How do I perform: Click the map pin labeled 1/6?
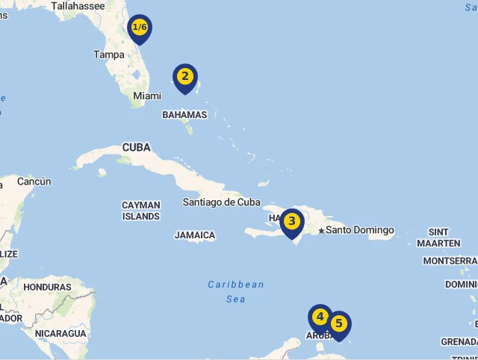(x=140, y=28)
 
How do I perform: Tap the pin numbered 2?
(x=184, y=77)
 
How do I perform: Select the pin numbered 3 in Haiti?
(x=291, y=222)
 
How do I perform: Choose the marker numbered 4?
(x=320, y=317)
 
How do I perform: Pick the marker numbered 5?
(x=339, y=324)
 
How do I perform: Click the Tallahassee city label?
(x=78, y=6)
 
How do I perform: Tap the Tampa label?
(x=109, y=55)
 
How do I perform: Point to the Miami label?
(x=147, y=96)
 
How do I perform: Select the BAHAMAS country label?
(x=184, y=115)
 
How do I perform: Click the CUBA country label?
(x=136, y=148)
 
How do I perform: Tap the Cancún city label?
(x=34, y=181)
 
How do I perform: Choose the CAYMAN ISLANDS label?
(x=141, y=211)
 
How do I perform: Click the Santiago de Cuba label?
(x=222, y=202)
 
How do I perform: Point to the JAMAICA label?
(x=195, y=235)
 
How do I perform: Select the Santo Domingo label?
(x=359, y=230)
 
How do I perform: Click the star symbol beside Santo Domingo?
(x=321, y=231)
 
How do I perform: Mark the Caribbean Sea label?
(x=236, y=291)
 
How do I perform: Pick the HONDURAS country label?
(x=47, y=288)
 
